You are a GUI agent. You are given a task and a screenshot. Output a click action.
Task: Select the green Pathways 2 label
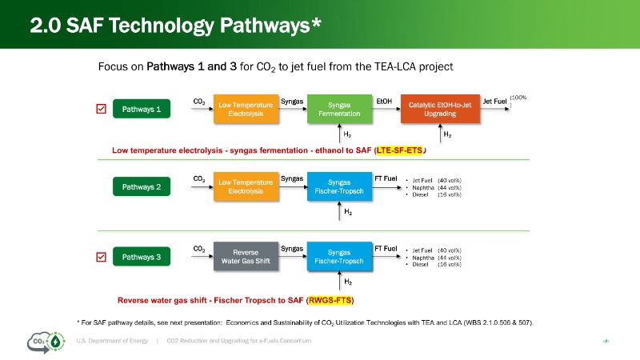(142, 187)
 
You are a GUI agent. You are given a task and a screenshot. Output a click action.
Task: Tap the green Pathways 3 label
(142, 257)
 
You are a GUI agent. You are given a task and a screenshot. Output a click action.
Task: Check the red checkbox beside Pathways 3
(102, 257)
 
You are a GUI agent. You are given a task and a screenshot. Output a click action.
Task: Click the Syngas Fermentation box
(344, 110)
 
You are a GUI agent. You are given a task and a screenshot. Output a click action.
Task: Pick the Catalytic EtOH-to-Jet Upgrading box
(440, 110)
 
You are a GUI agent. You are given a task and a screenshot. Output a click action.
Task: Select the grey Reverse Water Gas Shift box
(246, 256)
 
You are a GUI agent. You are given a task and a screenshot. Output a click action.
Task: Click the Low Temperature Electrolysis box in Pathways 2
(246, 187)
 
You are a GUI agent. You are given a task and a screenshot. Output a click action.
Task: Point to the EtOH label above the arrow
(384, 102)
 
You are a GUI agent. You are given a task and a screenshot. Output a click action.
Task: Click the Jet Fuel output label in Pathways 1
(495, 102)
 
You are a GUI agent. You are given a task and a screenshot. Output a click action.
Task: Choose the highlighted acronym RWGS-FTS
(330, 300)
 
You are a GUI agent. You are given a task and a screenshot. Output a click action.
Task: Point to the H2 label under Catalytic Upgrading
(447, 134)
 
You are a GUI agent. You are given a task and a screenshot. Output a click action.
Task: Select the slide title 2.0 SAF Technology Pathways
(176, 26)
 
